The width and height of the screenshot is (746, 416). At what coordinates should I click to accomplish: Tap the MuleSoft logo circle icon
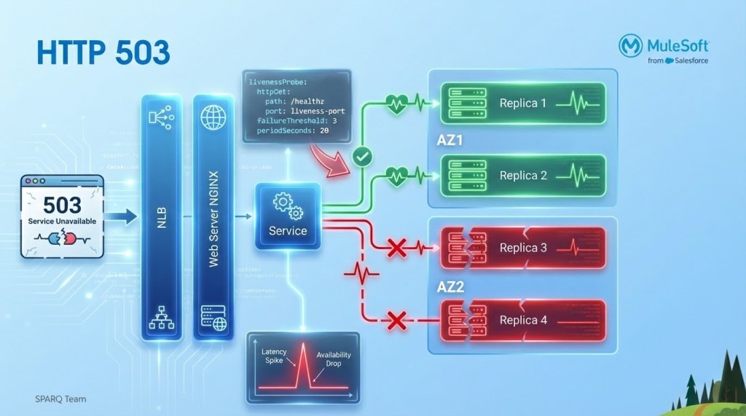pyautogui.click(x=630, y=45)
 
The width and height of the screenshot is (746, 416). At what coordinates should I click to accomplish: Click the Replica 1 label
pyautogui.click(x=522, y=103)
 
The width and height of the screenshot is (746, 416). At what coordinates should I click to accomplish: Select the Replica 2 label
pyautogui.click(x=522, y=176)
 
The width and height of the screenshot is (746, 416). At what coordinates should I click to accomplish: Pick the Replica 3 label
pyautogui.click(x=522, y=248)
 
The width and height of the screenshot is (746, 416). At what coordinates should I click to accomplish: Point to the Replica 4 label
pyautogui.click(x=522, y=321)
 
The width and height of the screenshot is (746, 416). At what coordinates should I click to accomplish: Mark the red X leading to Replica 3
pyautogui.click(x=396, y=249)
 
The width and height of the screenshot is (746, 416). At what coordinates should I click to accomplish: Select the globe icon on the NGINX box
pyautogui.click(x=214, y=119)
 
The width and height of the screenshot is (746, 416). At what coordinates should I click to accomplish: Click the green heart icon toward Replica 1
pyautogui.click(x=398, y=104)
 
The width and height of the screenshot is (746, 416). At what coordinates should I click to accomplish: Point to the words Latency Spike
pyautogui.click(x=275, y=356)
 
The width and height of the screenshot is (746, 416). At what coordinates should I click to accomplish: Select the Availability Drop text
pyautogui.click(x=334, y=358)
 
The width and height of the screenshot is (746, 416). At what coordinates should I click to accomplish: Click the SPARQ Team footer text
pyautogui.click(x=60, y=399)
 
